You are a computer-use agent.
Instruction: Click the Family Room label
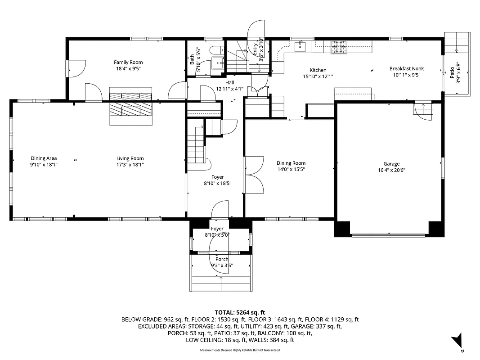pyautogui.click(x=128, y=62)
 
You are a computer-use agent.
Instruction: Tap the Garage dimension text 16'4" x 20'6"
pyautogui.click(x=391, y=170)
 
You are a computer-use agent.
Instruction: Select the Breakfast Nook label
pyautogui.click(x=406, y=69)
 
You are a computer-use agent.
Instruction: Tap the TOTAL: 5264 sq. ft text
pyautogui.click(x=240, y=312)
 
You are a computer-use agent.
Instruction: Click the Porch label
pyautogui.click(x=222, y=259)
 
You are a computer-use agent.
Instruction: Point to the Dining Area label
pyautogui.click(x=44, y=158)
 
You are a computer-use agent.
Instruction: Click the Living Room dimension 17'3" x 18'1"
pyautogui.click(x=130, y=165)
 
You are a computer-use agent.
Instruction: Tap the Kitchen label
pyautogui.click(x=318, y=70)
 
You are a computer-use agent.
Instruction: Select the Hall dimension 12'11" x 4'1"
pyautogui.click(x=229, y=89)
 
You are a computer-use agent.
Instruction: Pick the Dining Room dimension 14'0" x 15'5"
pyautogui.click(x=291, y=170)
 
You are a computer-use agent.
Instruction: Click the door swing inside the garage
pyautogui.click(x=423, y=111)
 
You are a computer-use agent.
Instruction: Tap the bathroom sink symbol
pyautogui.click(x=218, y=62)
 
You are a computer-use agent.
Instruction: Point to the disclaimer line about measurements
pyautogui.click(x=240, y=350)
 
